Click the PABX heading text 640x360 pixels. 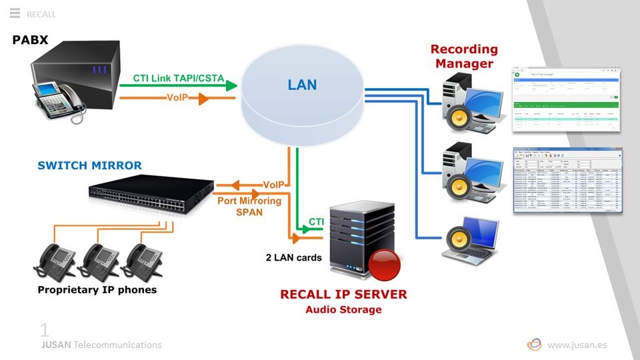31,40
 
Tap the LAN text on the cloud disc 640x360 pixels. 302,85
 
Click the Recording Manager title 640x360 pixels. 464,57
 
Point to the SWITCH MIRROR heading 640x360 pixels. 89,165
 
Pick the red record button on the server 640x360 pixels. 385,265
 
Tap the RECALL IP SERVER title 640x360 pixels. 343,295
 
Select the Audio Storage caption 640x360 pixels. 343,309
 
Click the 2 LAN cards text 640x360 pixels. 294,257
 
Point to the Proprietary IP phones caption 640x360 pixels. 97,289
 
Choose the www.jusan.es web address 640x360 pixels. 577,345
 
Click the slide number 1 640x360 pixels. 45,330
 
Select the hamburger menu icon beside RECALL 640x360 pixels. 15,13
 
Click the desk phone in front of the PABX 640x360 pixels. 60,99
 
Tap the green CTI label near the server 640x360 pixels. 316,222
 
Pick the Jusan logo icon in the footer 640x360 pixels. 534,345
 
